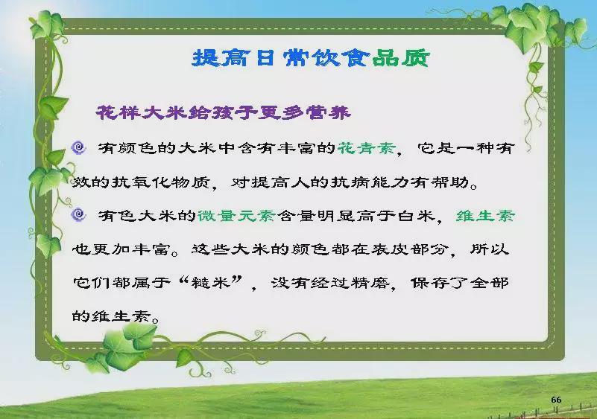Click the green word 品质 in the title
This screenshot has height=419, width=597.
[400, 59]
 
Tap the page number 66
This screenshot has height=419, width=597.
[556, 400]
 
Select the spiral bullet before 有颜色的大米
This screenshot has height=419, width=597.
[79, 147]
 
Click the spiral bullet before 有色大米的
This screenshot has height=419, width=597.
[78, 215]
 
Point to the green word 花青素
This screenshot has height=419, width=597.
[367, 148]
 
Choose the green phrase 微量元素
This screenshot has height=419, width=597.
[236, 216]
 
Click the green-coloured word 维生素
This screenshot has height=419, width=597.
[485, 216]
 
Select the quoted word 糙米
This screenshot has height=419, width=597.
[212, 283]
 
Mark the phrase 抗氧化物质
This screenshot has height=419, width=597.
[161, 182]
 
